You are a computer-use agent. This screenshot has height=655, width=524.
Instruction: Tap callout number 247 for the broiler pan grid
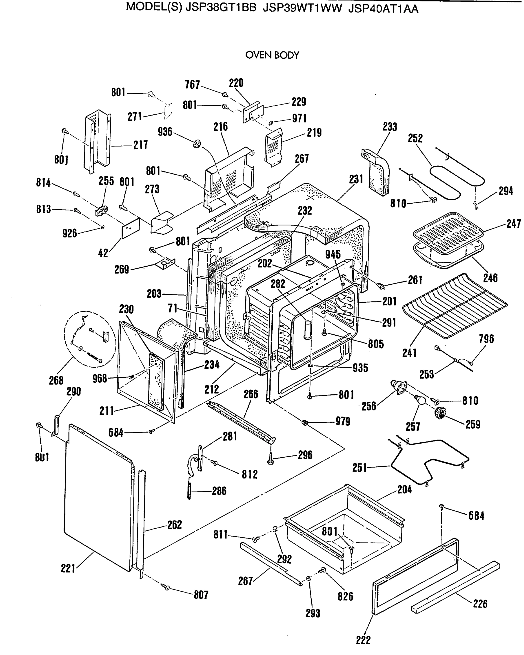tap(513, 224)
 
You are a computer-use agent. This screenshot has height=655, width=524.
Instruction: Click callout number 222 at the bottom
tap(363, 640)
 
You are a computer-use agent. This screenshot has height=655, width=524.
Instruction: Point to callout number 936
tap(165, 132)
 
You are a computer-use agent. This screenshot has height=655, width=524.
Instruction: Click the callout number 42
tap(103, 253)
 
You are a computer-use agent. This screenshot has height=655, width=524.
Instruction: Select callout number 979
tap(343, 421)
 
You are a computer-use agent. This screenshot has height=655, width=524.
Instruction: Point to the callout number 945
tap(333, 254)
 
